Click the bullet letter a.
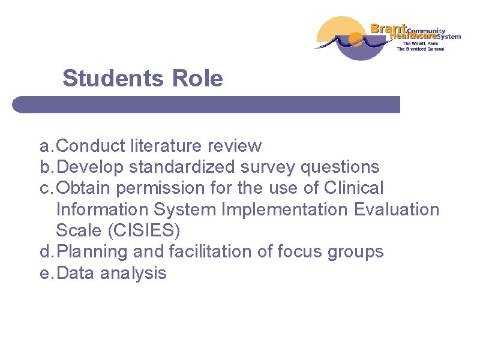coord(45,146)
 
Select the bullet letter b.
coord(45,167)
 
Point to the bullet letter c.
coord(45,188)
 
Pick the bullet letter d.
coord(45,252)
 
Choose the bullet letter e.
coord(45,274)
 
